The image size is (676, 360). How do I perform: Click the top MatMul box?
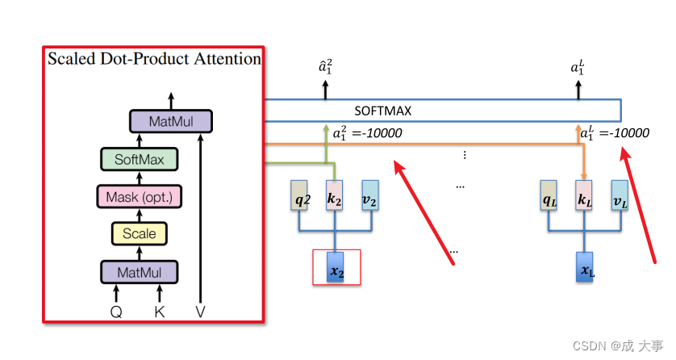click(x=171, y=122)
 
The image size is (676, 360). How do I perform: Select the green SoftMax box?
click(x=139, y=159)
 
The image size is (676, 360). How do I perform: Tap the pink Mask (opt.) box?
click(x=139, y=196)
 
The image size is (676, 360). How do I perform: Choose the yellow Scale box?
click(x=139, y=234)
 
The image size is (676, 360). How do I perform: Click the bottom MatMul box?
click(x=139, y=271)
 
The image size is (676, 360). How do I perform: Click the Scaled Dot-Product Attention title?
click(x=154, y=59)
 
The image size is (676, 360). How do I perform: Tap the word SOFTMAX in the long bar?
click(x=382, y=111)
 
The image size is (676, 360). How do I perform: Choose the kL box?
click(x=583, y=197)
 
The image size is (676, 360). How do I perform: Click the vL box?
click(x=619, y=197)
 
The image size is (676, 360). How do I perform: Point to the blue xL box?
click(x=584, y=267)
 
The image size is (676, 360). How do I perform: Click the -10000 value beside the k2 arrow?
click(x=378, y=133)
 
